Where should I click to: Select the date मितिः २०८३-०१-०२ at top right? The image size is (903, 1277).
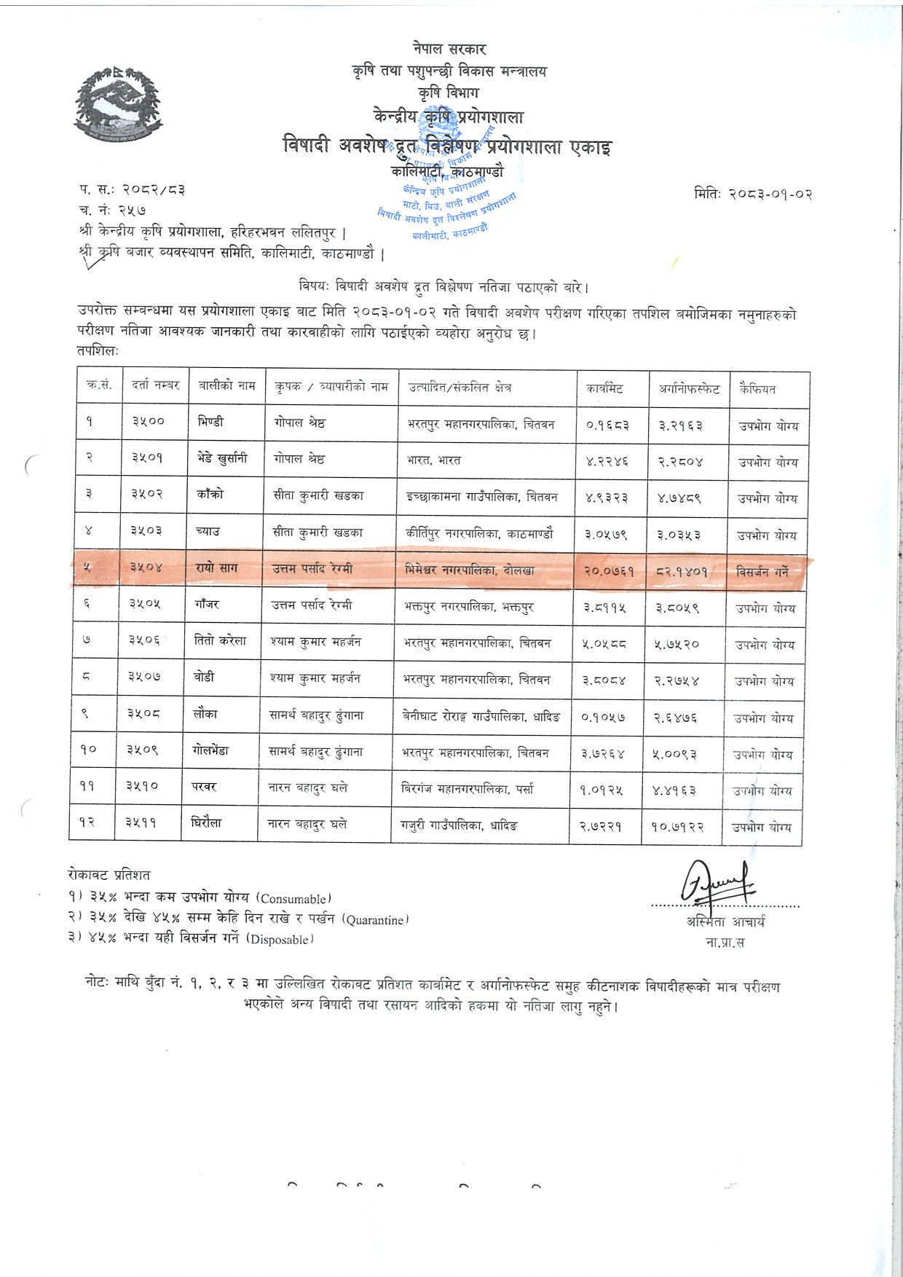pyautogui.click(x=753, y=194)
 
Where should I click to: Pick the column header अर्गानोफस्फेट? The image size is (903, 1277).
pyautogui.click(x=689, y=389)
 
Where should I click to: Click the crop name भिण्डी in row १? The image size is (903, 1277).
pyautogui.click(x=210, y=422)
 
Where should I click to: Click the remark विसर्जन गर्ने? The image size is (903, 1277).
pyautogui.click(x=762, y=572)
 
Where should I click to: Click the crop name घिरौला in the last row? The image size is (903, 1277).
pyautogui.click(x=208, y=823)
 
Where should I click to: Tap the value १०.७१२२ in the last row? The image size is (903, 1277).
pyautogui.click(x=677, y=827)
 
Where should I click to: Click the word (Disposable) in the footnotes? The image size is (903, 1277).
pyautogui.click(x=280, y=940)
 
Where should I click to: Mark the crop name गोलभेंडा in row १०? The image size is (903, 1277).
pyautogui.click(x=211, y=750)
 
